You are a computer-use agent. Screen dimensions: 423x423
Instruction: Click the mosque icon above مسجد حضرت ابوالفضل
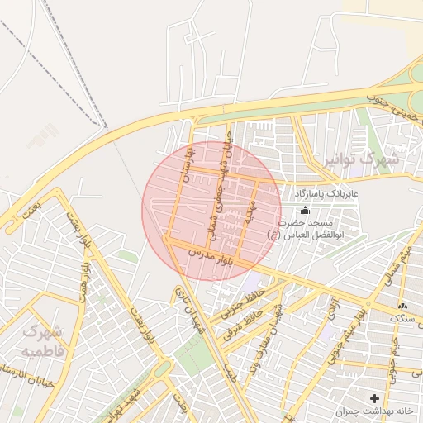(x=304, y=211)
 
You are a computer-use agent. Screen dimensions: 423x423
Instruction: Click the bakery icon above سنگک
(x=402, y=306)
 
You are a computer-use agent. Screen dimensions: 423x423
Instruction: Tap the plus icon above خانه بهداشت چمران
(x=374, y=398)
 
